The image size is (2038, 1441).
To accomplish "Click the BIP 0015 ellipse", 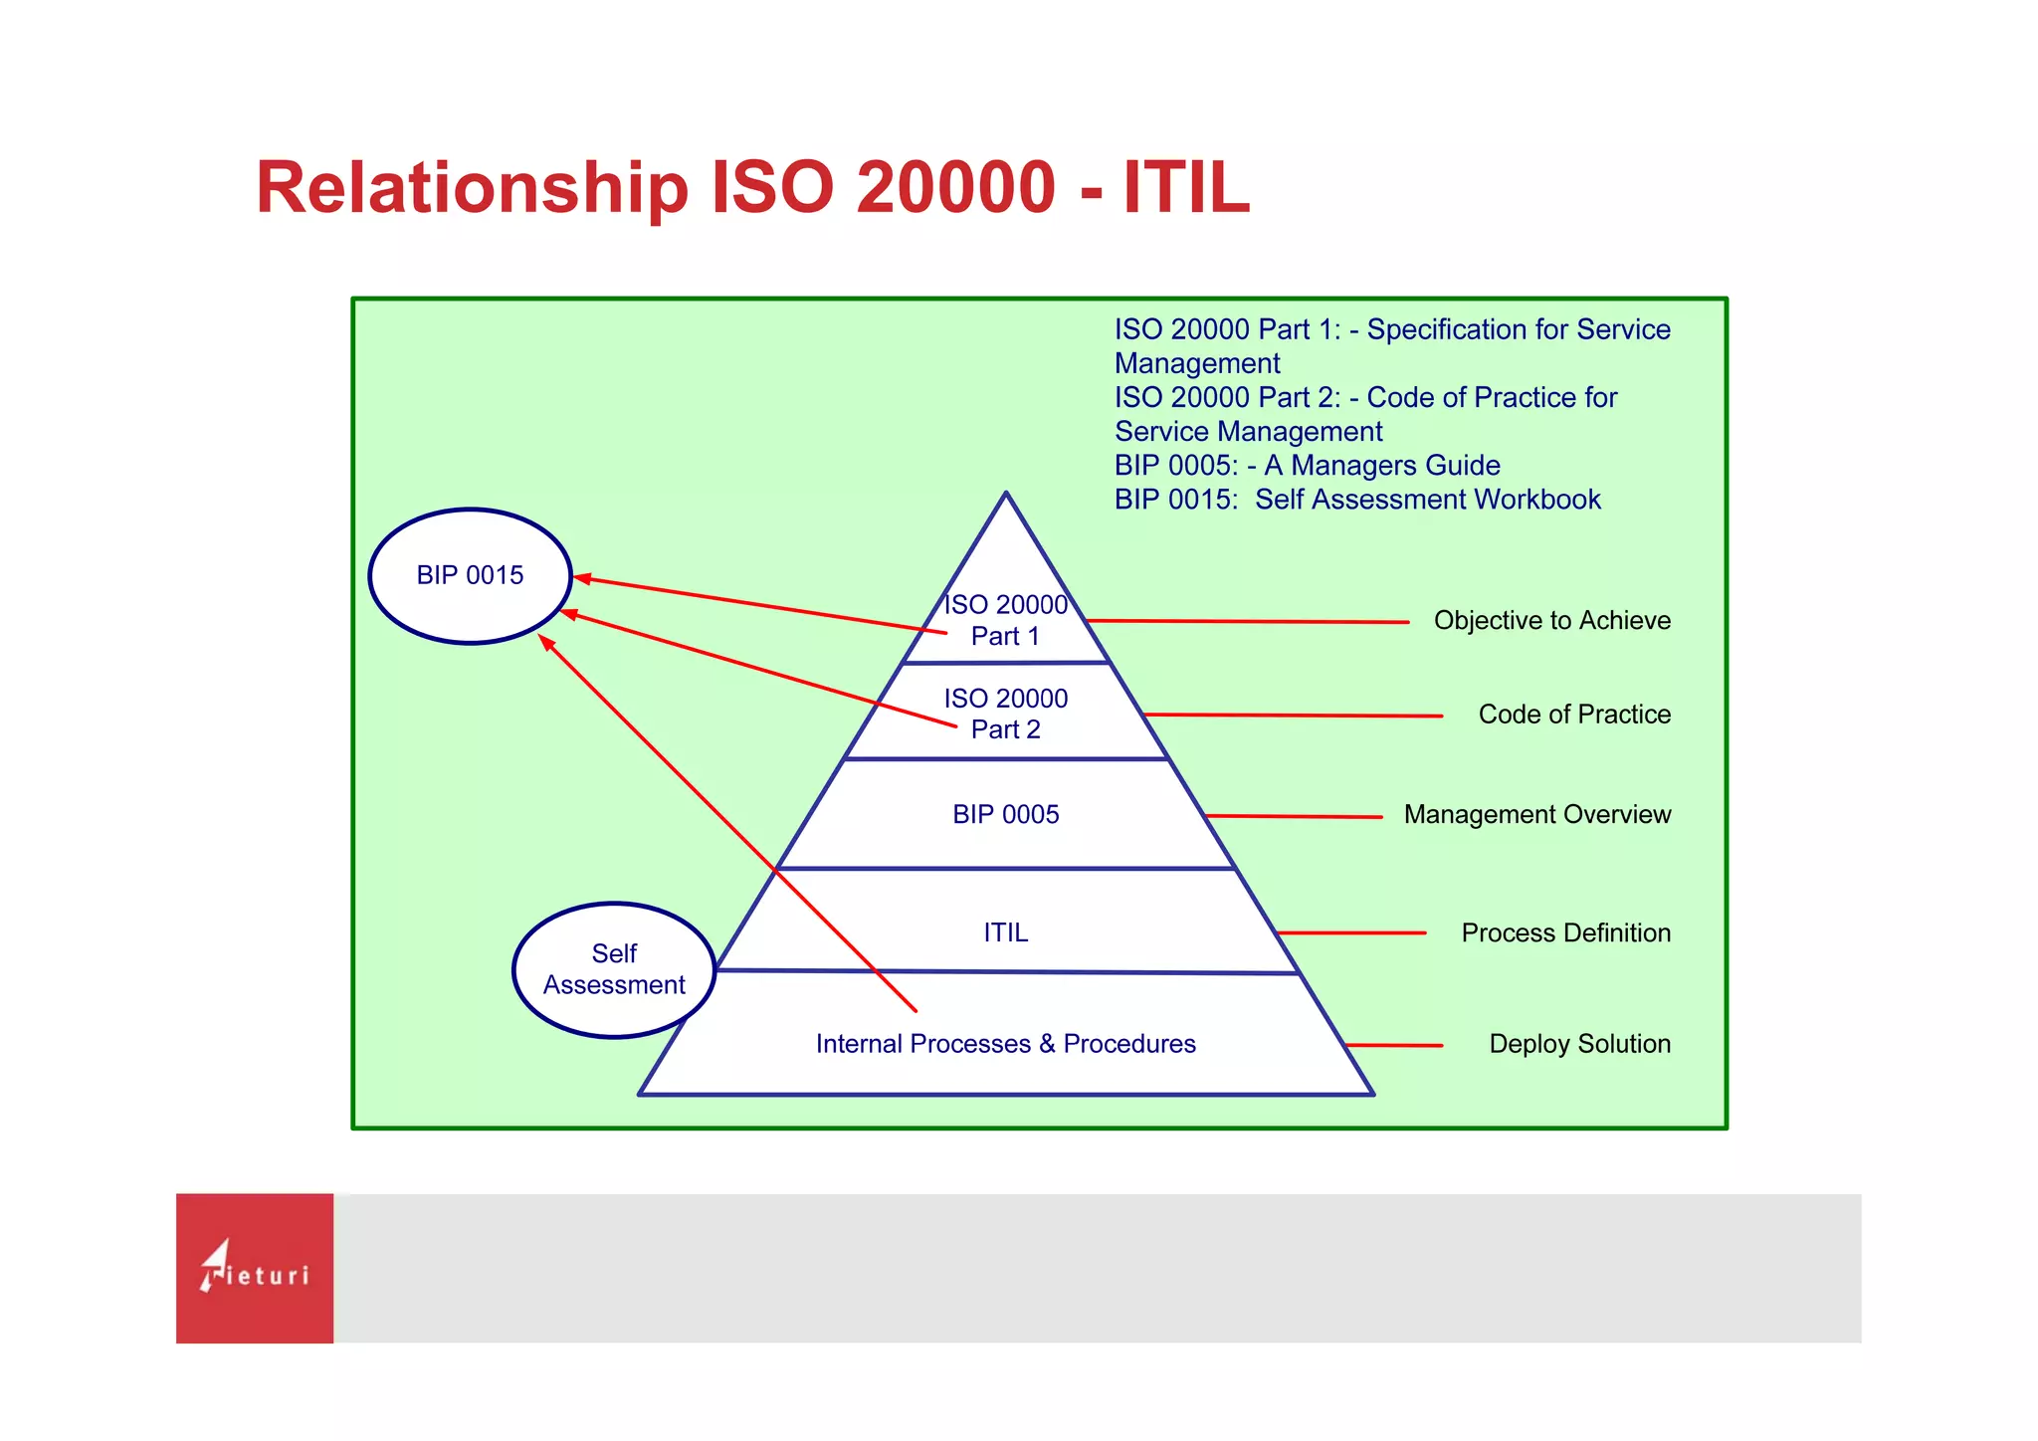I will point(470,575).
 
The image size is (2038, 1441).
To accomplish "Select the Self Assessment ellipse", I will point(614,969).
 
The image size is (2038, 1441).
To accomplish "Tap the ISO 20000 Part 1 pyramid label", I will point(1005,620).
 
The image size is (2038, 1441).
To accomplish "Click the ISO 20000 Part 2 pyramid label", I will point(1005,714).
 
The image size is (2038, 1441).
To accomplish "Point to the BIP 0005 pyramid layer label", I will point(1005,814).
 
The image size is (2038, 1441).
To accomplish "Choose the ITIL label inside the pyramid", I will point(1005,932).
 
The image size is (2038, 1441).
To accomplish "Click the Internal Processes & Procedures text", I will point(1005,1044).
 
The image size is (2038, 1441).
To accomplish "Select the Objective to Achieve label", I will point(1551,620).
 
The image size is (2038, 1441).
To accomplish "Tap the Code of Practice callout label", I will point(1573,715).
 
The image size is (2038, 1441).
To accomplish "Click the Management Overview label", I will point(1536,814).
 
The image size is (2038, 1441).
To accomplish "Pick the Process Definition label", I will point(1565,932).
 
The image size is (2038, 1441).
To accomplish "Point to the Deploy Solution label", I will point(1579,1044).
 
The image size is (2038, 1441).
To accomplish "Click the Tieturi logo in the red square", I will point(255,1269).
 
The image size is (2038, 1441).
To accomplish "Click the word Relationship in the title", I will point(472,188).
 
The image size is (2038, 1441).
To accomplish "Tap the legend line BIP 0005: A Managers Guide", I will point(1307,466).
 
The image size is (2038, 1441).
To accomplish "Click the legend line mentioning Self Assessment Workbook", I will point(1356,500).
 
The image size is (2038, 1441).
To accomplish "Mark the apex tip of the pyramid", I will point(1006,494).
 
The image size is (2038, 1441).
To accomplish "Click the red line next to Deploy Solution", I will point(1393,1045).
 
